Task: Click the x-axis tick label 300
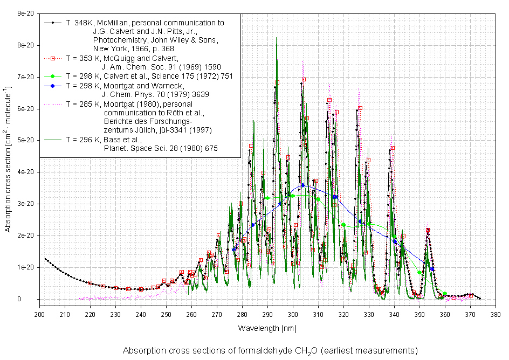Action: (x=293, y=314)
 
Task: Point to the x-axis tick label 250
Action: (x=166, y=314)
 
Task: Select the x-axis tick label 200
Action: (x=39, y=314)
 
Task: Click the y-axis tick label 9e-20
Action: (x=25, y=14)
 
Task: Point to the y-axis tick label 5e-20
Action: (x=25, y=141)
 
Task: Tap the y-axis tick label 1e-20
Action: (x=25, y=267)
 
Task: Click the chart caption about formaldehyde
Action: (x=270, y=351)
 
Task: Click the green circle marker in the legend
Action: (x=52, y=76)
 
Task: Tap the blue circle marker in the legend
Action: (x=52, y=85)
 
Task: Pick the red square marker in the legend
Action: (x=52, y=58)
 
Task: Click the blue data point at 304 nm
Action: (x=303, y=185)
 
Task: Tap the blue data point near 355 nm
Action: (x=432, y=269)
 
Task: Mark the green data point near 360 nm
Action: (x=445, y=294)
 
